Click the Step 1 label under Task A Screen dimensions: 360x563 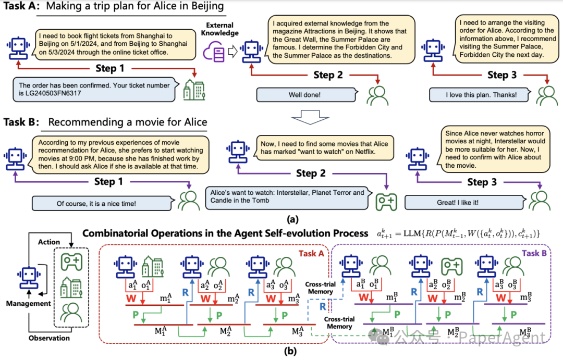pyautogui.click(x=110, y=69)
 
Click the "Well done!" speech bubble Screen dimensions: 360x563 pyautogui.click(x=303, y=95)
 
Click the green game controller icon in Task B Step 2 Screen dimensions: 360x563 pyautogui.click(x=386, y=200)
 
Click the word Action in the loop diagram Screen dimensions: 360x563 pyautogui.click(x=50, y=242)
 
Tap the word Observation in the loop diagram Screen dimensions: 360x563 pyautogui.click(x=50, y=338)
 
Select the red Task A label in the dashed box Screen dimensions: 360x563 pyautogui.click(x=311, y=254)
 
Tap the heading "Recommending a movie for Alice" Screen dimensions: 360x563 pyautogui.click(x=127, y=122)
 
